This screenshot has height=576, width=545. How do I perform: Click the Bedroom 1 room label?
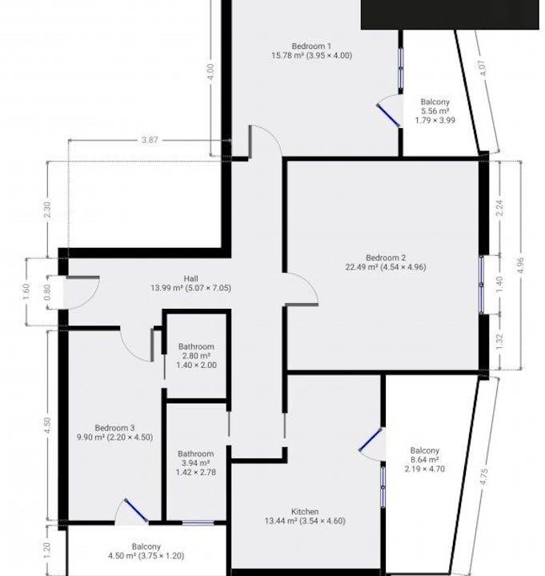pos(311,51)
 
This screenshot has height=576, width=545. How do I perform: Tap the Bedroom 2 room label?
pos(386,262)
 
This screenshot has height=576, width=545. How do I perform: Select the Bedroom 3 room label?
pos(114,432)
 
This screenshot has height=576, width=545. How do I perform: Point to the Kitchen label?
pos(305,516)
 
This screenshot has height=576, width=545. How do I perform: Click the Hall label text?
pos(190,283)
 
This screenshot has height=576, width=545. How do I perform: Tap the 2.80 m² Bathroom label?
pos(196,355)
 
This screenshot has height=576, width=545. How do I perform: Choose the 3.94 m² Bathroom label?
pos(196,463)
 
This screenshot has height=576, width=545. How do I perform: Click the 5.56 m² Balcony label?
pos(435,111)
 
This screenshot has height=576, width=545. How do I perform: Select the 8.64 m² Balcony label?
pos(425,459)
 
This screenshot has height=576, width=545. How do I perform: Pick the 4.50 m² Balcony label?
pos(146,551)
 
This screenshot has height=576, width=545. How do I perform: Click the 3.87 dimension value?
pos(150,140)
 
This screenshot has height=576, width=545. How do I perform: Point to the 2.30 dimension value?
pos(47,210)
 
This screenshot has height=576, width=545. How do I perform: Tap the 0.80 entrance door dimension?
pos(47,293)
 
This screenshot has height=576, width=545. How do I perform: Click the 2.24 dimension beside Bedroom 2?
pos(499,208)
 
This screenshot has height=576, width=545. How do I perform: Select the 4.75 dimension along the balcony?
pos(484,476)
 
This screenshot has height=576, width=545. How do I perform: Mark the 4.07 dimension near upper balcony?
pos(483,68)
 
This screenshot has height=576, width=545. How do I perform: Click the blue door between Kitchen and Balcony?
pos(370,439)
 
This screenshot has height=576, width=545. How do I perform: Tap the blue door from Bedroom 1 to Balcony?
pos(388,115)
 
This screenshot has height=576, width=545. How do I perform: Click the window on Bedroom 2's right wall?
pos(482,285)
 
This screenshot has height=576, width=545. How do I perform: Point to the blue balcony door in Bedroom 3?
pos(136,510)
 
